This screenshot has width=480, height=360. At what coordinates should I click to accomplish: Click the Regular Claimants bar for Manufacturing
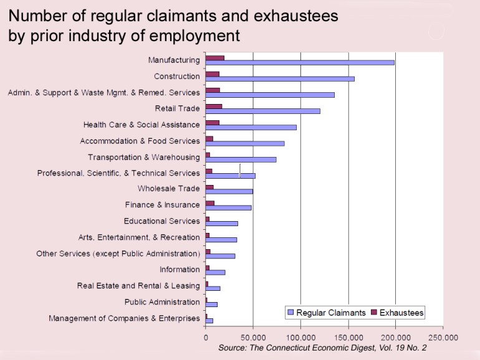pos(300,63)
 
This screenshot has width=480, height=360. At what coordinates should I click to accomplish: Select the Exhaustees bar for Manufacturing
pos(215,58)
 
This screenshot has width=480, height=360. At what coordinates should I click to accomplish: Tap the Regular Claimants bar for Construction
pos(280,79)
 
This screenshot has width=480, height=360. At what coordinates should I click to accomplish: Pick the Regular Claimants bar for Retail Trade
pos(263,111)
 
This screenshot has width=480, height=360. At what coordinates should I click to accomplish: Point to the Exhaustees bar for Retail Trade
pos(214,107)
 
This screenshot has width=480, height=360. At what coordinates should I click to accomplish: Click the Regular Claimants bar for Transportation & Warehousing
pos(241,159)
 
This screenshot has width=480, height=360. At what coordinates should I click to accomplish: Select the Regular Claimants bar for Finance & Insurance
pos(228,208)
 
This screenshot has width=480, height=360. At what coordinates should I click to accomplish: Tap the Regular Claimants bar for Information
pos(216,273)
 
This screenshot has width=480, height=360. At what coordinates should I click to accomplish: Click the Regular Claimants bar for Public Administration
pos(211,305)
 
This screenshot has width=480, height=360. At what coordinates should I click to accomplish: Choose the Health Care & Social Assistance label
pos(142,125)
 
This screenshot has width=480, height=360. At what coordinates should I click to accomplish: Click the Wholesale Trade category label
pos(169,189)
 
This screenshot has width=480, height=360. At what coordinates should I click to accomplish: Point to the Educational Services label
pos(161,221)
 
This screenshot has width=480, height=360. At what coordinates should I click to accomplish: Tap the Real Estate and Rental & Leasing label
pos(138,286)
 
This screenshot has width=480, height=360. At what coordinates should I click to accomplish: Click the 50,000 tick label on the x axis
pos(253,338)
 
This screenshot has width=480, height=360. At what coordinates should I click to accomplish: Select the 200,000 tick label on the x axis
pos(395,338)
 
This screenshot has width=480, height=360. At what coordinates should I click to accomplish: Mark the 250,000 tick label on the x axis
pos(443,338)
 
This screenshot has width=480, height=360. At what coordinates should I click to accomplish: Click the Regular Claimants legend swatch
pos(290,313)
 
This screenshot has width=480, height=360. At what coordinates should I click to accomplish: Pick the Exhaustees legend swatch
pos(374,313)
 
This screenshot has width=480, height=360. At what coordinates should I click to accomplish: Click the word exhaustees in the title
pos(295,16)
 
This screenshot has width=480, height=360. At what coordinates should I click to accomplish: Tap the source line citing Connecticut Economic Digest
pos(322,348)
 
